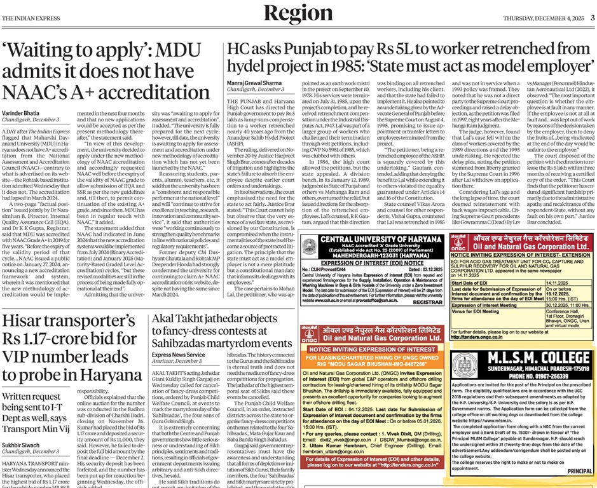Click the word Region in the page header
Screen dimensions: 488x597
[298, 13]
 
